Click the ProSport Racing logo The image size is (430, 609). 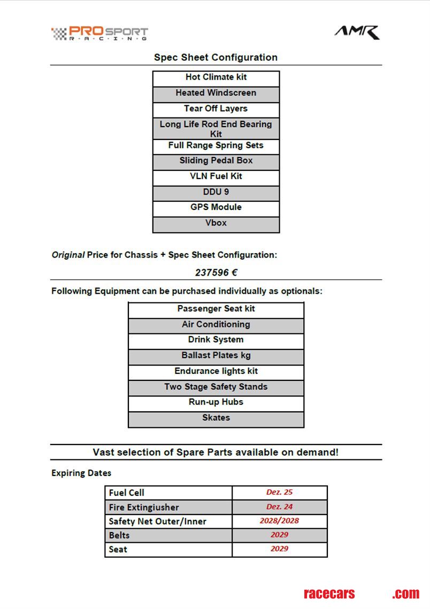click(99, 34)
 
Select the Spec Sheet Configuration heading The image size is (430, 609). click(216, 57)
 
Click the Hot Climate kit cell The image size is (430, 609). click(216, 77)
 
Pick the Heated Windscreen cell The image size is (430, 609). click(216, 93)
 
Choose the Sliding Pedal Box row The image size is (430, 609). click(216, 161)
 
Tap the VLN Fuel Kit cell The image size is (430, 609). click(216, 176)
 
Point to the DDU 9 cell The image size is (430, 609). click(216, 192)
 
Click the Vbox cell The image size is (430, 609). click(216, 223)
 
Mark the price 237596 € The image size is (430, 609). click(216, 272)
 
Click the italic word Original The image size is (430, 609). click(68, 255)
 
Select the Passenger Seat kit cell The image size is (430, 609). click(216, 309)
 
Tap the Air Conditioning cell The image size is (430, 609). click(216, 324)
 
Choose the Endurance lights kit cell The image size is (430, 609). click(216, 371)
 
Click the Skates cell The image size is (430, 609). click(216, 418)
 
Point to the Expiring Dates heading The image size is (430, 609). click(81, 473)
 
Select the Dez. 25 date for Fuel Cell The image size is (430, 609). click(279, 493)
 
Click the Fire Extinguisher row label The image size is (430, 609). click(143, 507)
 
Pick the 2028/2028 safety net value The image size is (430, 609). click(279, 521)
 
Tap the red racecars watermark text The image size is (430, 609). click(329, 594)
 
